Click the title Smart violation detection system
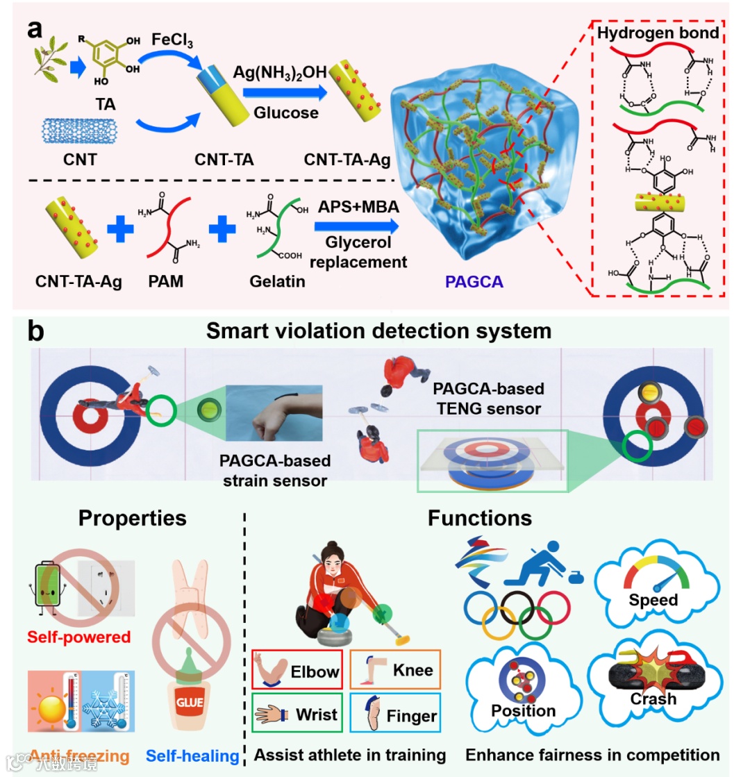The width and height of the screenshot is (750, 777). point(378,331)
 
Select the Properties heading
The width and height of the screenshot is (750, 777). point(132,518)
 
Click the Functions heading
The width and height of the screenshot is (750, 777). point(480,518)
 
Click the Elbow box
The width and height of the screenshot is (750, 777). point(298,671)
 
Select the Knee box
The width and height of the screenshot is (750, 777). point(395,670)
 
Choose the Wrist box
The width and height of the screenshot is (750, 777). point(298,713)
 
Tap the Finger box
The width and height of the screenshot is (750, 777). point(395,715)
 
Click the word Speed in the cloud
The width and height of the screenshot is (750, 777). point(653,599)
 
